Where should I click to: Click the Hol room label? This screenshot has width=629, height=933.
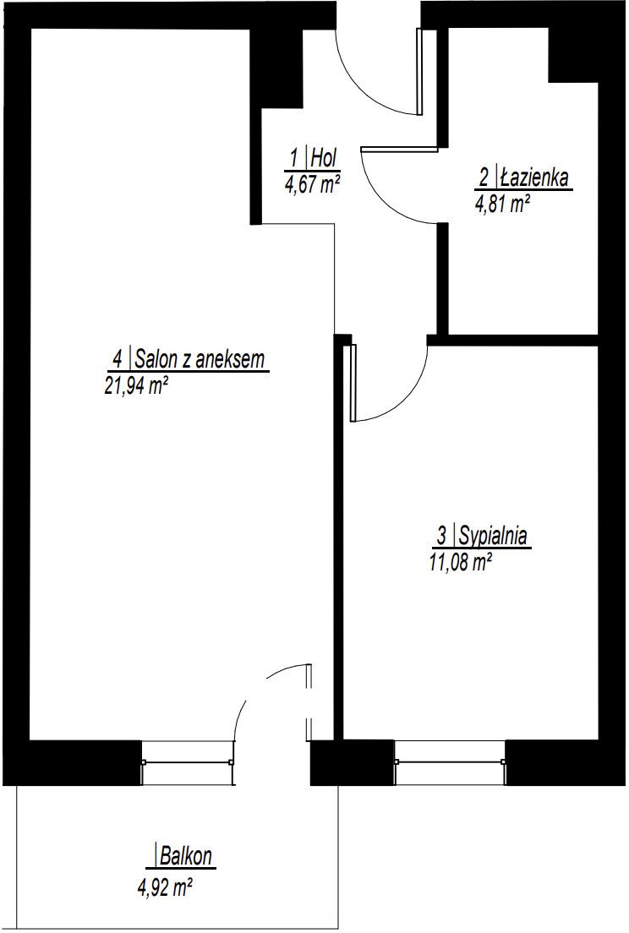pos(325,158)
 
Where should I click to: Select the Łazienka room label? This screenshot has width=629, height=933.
pos(533,177)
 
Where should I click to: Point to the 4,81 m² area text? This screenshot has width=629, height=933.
pos(501,205)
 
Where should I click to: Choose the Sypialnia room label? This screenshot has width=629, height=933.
pos(492,536)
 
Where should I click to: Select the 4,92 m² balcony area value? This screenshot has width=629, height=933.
pos(165,889)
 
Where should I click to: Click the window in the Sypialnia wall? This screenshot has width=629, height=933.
pos(450,762)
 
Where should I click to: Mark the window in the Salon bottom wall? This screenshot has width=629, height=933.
pos(187,762)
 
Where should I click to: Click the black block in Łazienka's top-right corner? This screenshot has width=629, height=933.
pos(572,55)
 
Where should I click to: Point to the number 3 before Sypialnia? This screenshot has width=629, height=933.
pos(441,536)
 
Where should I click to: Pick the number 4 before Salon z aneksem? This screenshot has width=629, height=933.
pos(118,359)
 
